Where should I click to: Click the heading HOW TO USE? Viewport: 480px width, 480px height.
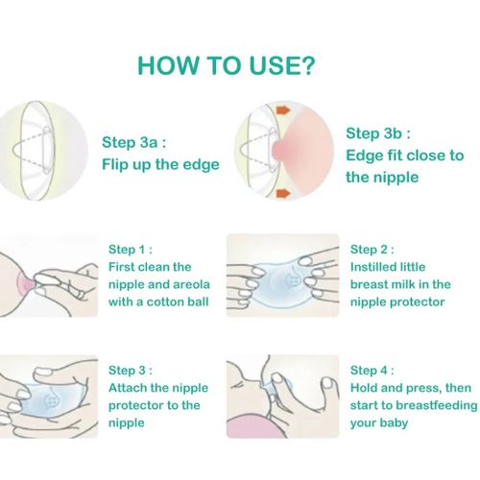[227, 65]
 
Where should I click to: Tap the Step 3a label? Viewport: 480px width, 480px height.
[133, 142]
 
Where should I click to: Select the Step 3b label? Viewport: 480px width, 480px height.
[378, 133]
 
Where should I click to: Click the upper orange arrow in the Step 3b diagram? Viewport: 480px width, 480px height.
[283, 110]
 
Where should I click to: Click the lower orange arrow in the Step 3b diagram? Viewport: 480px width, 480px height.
[283, 193]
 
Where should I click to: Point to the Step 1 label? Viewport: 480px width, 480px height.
[131, 250]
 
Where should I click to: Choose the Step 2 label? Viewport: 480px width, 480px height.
[372, 250]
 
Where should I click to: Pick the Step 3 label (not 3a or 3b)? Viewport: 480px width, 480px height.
[131, 371]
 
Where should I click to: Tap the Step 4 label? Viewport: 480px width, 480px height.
[372, 371]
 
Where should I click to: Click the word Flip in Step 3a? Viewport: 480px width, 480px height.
[110, 164]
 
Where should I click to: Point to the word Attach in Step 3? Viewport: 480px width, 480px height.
[128, 388]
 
